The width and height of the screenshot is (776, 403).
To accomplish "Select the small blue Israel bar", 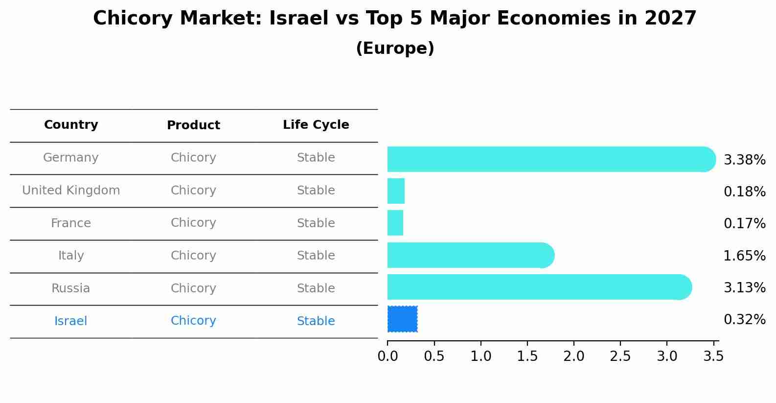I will pos(402,319).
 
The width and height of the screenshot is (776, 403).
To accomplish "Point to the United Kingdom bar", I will pos(396,191).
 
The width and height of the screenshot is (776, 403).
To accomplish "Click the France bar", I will pos(395,223).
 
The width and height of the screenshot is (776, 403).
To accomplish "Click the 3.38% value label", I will pos(744,160).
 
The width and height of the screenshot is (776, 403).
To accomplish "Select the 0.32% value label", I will pos(744,320).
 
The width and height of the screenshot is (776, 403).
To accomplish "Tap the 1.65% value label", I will pos(744,256).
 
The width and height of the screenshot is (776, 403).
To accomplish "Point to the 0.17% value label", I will pos(744,224).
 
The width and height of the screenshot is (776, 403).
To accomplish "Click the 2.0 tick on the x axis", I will pos(574,356).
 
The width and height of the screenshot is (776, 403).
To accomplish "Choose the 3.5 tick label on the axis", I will pos(713,356).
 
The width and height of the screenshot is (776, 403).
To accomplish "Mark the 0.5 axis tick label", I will pos(434,356).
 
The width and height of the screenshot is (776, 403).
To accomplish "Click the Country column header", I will pos(71,125).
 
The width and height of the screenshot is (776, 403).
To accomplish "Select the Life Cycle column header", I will pos(316,125).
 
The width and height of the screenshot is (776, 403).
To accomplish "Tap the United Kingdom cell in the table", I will pos(71,190).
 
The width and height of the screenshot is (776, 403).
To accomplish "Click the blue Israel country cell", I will pos(71,321).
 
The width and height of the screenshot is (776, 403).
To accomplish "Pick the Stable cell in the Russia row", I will pos(316,288).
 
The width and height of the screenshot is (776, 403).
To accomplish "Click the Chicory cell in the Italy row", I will pos(193,256).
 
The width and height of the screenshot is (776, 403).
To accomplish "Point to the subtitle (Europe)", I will pos(395,48).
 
